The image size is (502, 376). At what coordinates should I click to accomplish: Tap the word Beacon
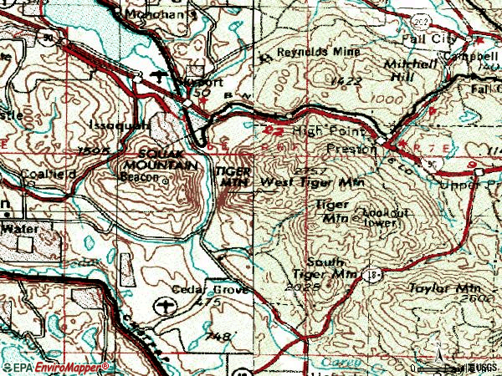(x=143, y=178)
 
